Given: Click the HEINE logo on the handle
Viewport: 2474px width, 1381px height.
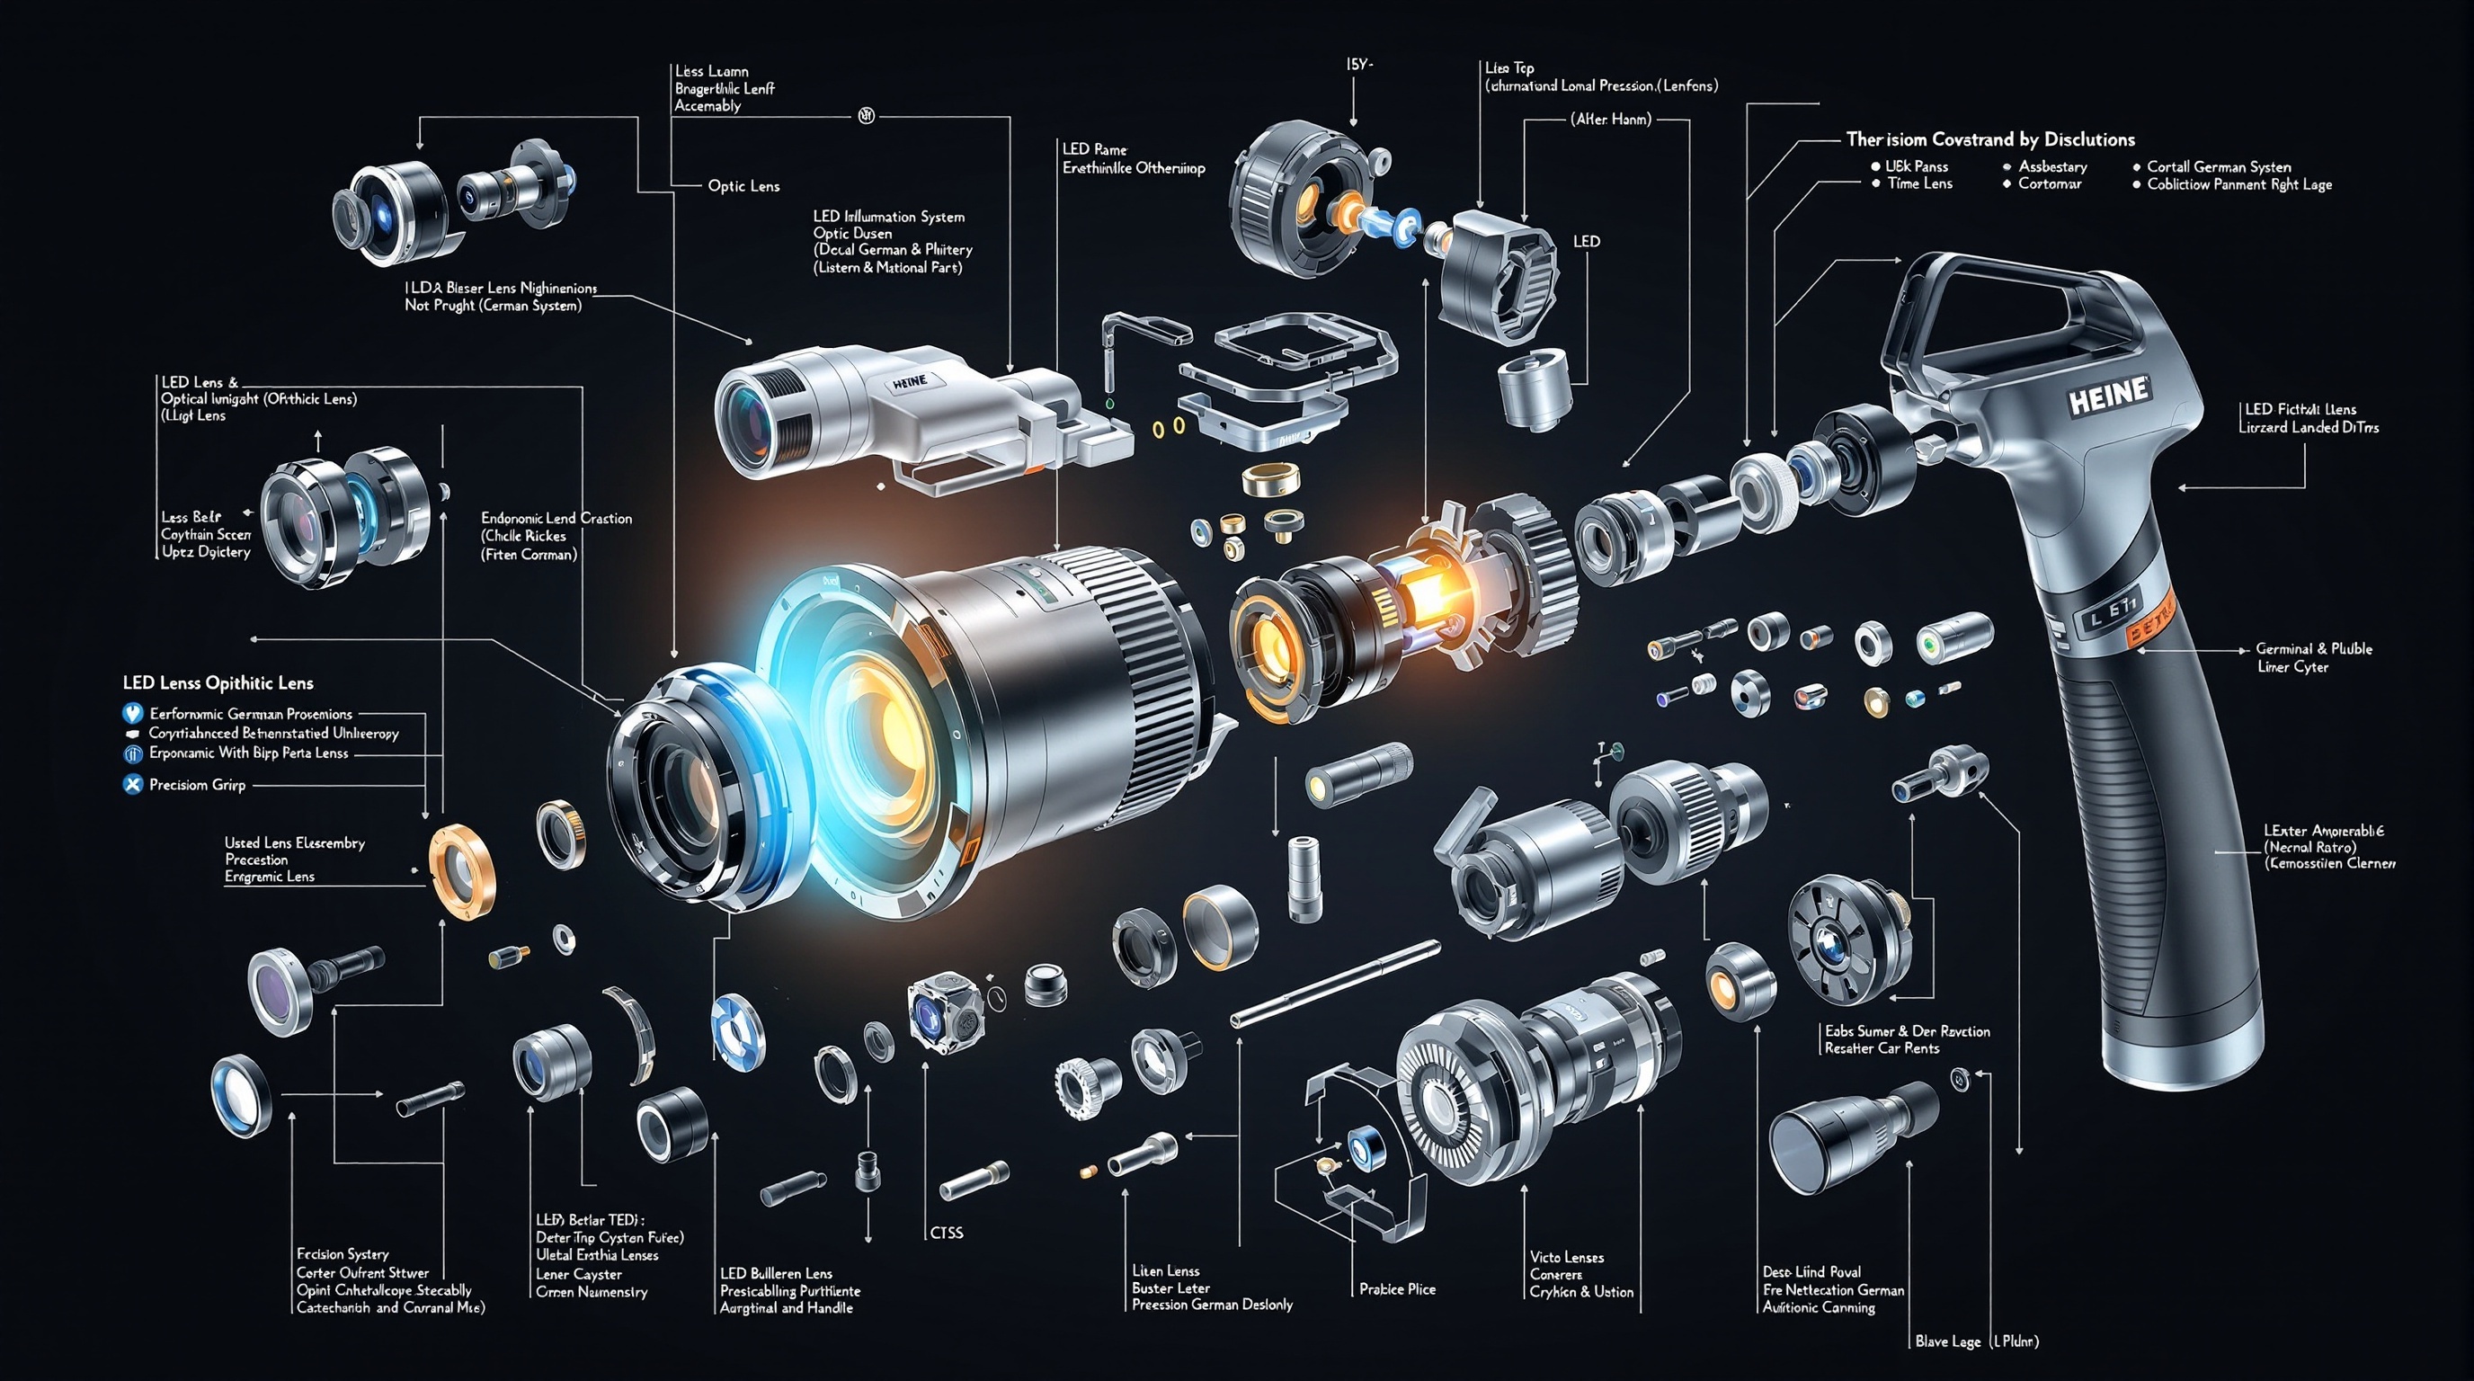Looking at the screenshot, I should pos(2110,395).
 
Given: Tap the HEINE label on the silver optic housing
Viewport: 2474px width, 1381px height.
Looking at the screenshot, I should pos(910,381).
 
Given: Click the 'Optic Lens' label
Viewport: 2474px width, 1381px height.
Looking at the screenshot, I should pos(743,186).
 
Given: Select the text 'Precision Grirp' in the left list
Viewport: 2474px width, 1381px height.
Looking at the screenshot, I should pos(197,785).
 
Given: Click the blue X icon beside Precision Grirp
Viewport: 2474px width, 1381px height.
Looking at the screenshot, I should pos(132,785).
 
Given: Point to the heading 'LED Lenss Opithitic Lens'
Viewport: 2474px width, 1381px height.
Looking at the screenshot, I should pos(218,682).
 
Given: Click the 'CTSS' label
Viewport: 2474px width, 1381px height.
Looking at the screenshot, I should pos(946,1232).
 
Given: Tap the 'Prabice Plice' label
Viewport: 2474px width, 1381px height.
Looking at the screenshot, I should pos(1396,1288).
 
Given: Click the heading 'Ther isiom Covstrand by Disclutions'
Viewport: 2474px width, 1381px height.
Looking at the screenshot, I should pos(1990,139).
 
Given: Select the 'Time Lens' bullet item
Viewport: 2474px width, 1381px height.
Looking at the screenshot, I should pos(1919,183).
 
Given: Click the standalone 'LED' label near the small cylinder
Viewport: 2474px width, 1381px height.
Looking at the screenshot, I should pos(1586,241).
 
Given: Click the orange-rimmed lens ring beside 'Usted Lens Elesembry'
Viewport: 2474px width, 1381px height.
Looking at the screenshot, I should pos(462,868).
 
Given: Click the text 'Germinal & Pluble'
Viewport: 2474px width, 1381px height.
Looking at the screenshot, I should pos(2313,649).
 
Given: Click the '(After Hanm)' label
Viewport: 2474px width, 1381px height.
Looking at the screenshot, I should pos(1611,120).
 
